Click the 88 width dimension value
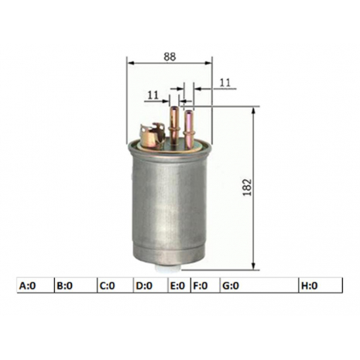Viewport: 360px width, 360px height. pos(170,57)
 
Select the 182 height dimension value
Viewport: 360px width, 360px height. pos(247,187)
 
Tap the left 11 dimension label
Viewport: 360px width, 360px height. pos(153,95)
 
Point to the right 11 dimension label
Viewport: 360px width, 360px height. pos(225,83)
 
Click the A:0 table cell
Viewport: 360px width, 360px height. pos(36,286)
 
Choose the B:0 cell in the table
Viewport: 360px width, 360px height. pos(76,286)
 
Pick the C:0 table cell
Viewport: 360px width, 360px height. pos(115,286)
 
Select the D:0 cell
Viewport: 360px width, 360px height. pos(151,286)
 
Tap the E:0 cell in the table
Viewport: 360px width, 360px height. pos(180,286)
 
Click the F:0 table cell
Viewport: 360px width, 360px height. pos(205,286)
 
